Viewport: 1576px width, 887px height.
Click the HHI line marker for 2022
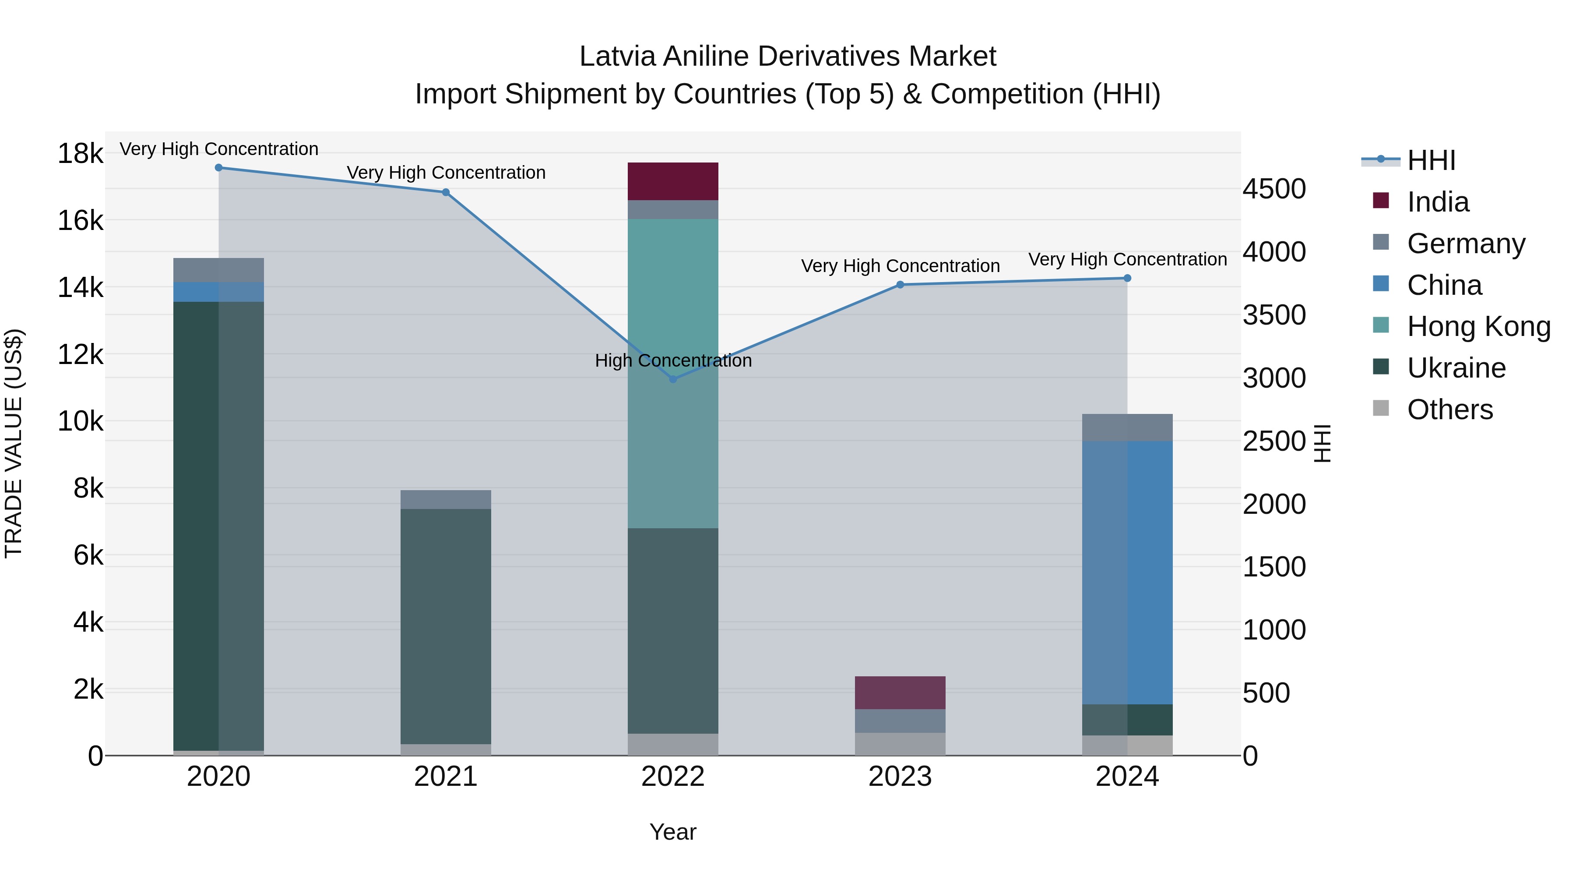[x=673, y=379]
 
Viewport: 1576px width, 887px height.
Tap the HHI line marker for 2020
[x=218, y=168]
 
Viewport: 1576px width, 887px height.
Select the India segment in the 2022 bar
[x=673, y=181]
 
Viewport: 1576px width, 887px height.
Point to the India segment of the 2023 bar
[x=900, y=693]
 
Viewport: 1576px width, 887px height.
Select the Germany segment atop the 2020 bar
[x=218, y=270]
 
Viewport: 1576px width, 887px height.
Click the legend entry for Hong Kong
[x=1478, y=326]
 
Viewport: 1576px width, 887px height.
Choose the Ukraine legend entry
[x=1456, y=368]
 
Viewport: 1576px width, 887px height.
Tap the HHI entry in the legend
[x=1430, y=160]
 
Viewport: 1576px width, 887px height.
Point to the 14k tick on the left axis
[x=80, y=287]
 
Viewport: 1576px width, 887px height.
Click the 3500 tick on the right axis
[x=1274, y=315]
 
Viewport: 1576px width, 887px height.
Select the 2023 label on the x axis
[x=900, y=777]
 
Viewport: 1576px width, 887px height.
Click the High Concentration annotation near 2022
[x=673, y=360]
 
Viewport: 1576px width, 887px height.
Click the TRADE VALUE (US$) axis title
[x=14, y=443]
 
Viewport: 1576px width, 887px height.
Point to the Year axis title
[x=673, y=832]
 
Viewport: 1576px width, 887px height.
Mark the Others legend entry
[x=1449, y=410]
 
